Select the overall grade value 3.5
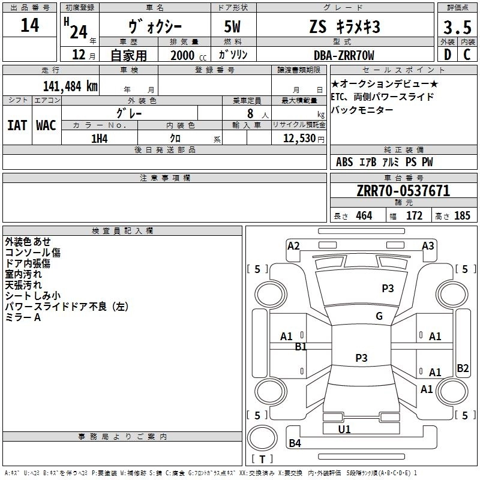pos(457,27)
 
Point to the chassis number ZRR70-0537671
pos(403,191)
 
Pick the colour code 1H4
pos(99,139)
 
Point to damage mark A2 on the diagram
pos(293,245)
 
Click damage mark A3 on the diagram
pos(428,245)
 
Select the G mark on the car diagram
pos(379,316)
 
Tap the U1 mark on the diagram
pos(344,429)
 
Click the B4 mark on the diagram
pos(295,443)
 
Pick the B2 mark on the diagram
pos(463,368)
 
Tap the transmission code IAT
pos(17,125)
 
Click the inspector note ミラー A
pos(23,317)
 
